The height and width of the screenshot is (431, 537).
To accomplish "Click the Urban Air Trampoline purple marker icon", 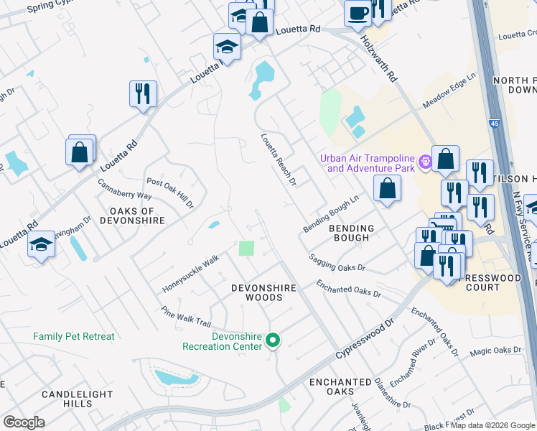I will (x=425, y=162).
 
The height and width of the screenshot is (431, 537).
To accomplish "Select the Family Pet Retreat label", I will (x=74, y=336).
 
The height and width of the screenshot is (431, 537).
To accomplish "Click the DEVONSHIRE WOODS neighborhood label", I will (x=263, y=292).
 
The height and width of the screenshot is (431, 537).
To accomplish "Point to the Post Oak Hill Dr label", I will (x=171, y=193).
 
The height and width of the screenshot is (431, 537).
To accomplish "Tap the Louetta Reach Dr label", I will (x=279, y=159).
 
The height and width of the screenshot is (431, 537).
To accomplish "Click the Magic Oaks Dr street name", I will (x=495, y=351).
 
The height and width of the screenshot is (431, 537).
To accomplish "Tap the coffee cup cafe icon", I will (x=358, y=12).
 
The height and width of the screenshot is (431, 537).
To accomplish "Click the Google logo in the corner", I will (x=24, y=422).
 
